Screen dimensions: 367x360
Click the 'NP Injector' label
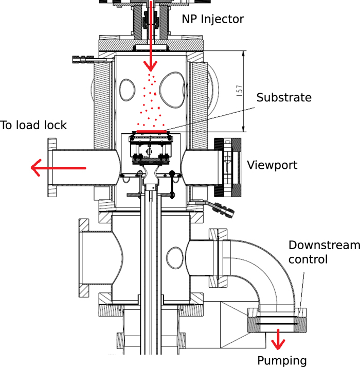213,20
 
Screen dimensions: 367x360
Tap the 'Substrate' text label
284,97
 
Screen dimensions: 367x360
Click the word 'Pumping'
281,360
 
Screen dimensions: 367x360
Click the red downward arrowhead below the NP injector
151,65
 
